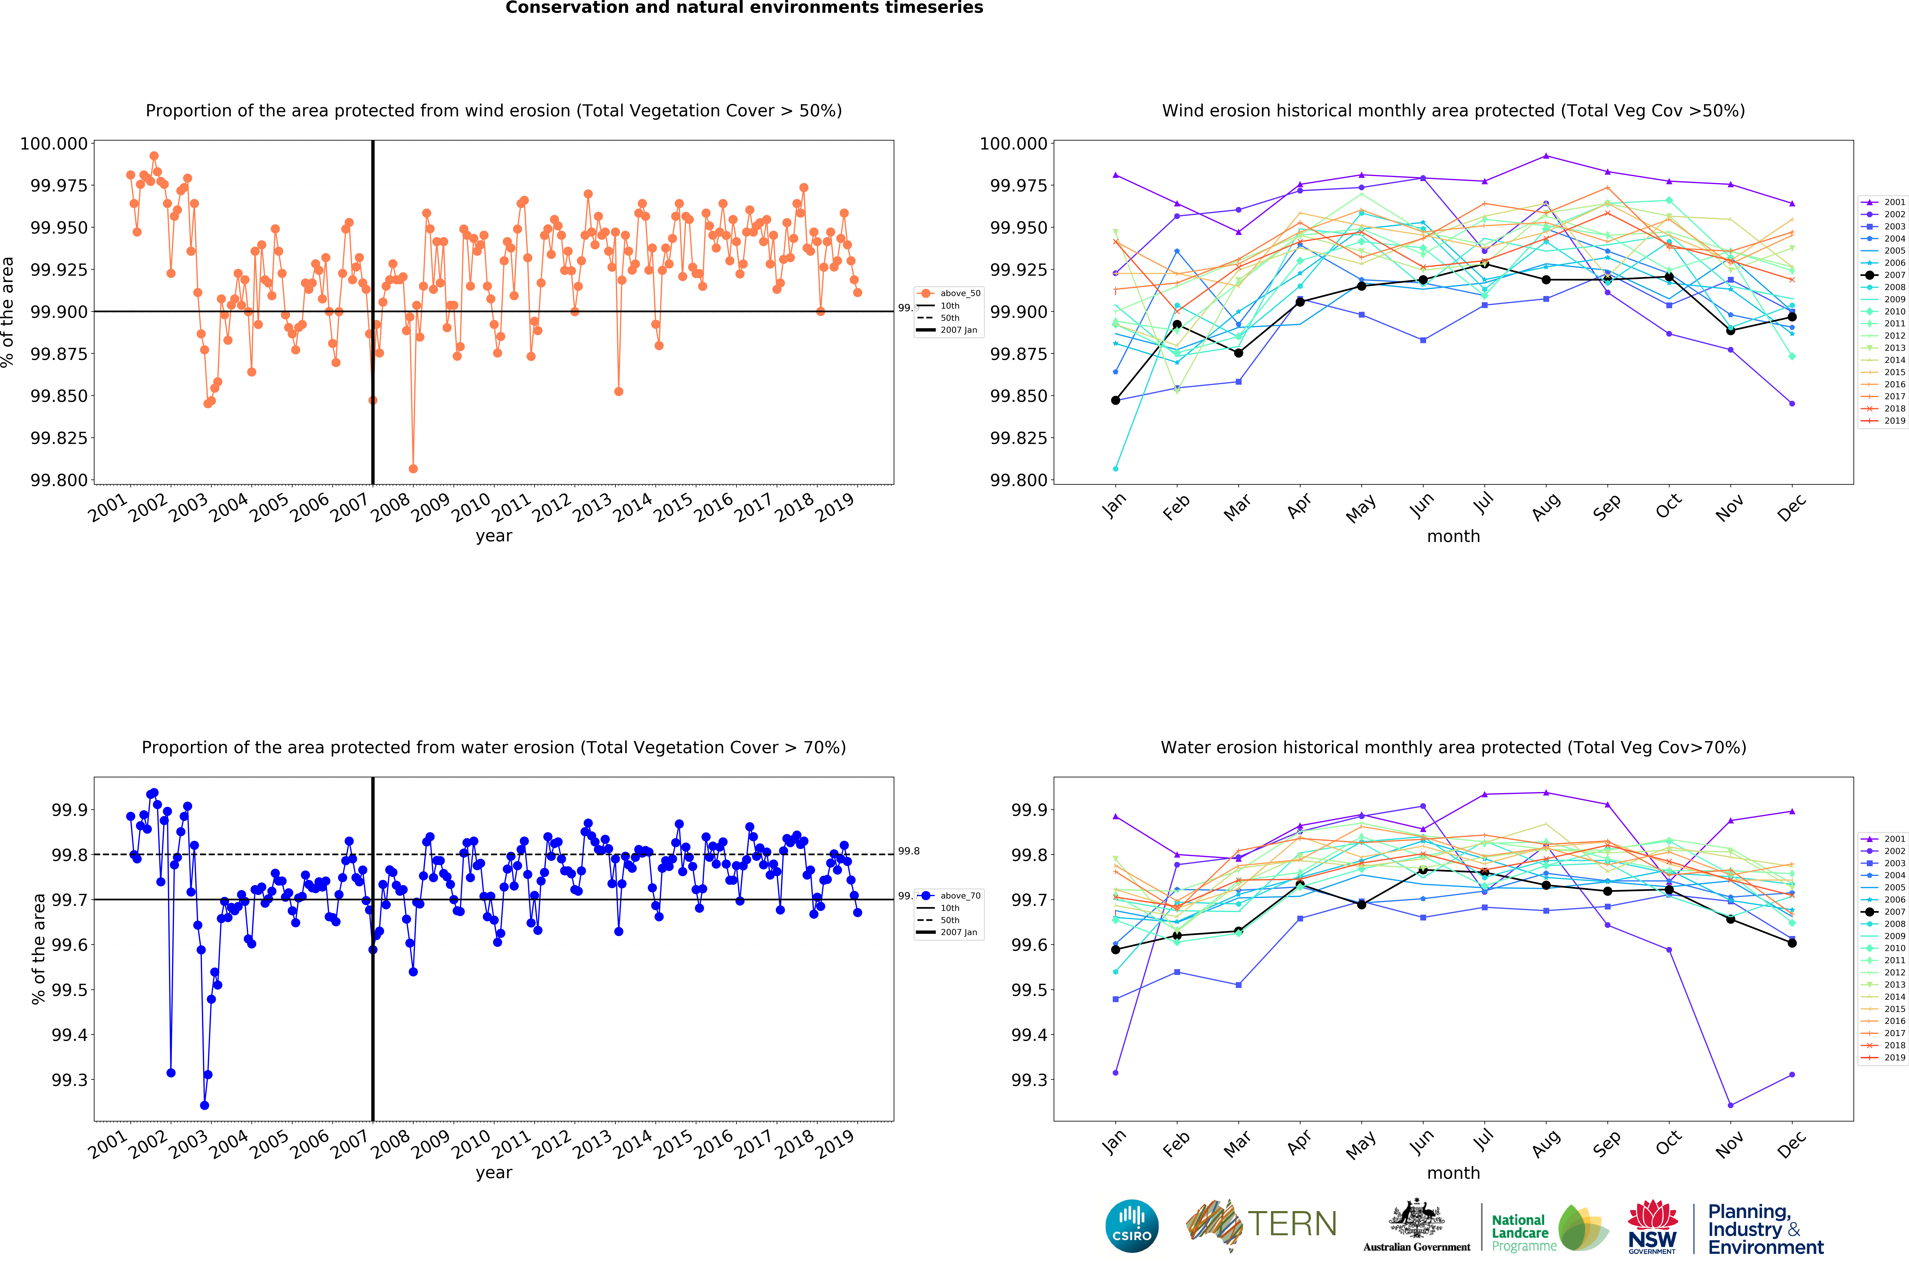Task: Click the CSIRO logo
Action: (1131, 1225)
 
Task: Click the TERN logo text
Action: (1292, 1224)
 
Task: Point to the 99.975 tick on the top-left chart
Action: (59, 185)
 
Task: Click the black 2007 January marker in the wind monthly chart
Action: (1115, 400)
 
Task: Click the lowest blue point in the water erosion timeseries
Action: (204, 1105)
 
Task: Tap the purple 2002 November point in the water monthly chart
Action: (1730, 1105)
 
